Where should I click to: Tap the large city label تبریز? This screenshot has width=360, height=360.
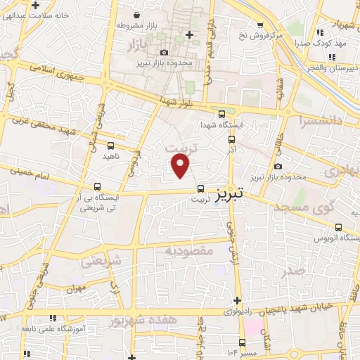click(x=231, y=191)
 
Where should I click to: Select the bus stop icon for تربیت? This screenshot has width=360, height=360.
click(x=201, y=188)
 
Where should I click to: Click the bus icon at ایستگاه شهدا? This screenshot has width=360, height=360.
click(x=221, y=114)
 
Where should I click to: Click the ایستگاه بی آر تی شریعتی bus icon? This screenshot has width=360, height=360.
click(x=98, y=186)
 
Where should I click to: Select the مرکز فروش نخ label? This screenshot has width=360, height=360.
click(x=259, y=34)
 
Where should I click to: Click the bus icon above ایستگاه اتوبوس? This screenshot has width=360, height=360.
click(x=340, y=227)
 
